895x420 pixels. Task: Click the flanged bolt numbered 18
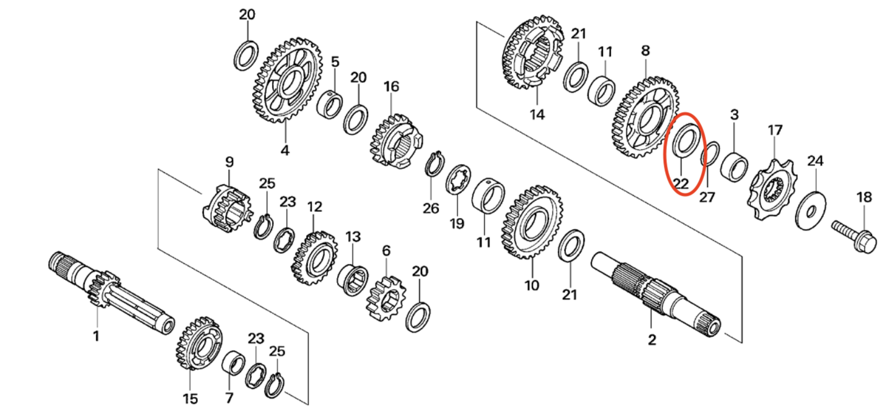855,234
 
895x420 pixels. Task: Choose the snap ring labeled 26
433,165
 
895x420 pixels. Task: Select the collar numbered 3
734,165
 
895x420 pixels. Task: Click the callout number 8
645,51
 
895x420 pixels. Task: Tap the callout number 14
537,115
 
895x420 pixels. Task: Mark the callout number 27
707,198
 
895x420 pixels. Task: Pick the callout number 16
391,86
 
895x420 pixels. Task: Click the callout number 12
314,206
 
